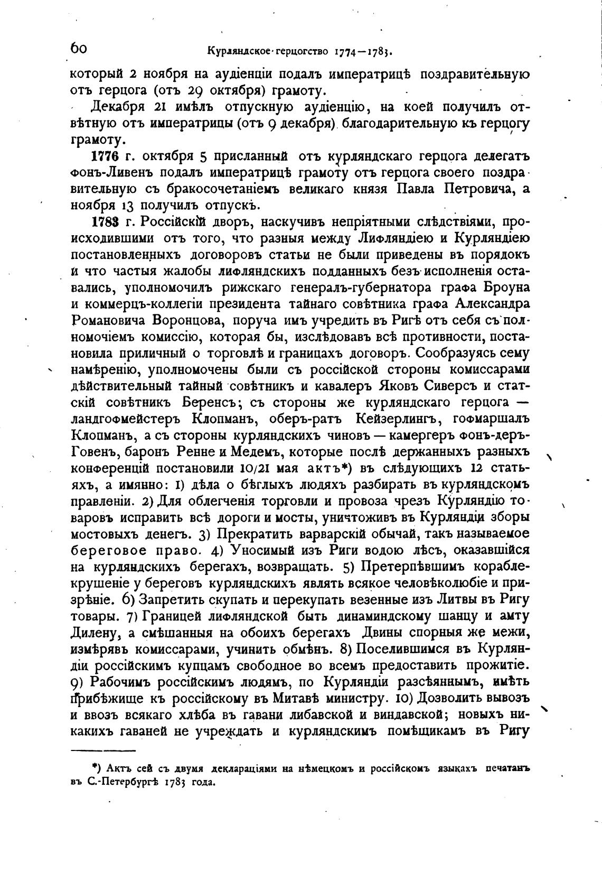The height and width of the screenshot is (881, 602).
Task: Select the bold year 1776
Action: [104, 158]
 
